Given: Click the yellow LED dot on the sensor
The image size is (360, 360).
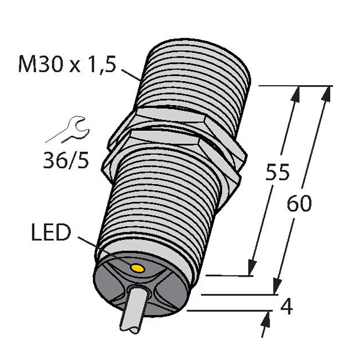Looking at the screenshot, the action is pos(137,268).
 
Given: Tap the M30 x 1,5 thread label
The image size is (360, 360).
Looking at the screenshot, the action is pos(67,64).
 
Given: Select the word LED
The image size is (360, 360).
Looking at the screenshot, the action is pos(51,232).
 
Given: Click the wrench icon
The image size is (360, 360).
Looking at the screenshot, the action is pos(69,129).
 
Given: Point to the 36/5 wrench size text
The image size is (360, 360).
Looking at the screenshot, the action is pos(66,160).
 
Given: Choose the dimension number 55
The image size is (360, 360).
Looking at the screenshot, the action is pos(277,172).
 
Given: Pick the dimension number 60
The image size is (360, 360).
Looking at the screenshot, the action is pos(299,203).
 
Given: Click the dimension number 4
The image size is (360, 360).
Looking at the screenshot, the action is pos(287,307).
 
